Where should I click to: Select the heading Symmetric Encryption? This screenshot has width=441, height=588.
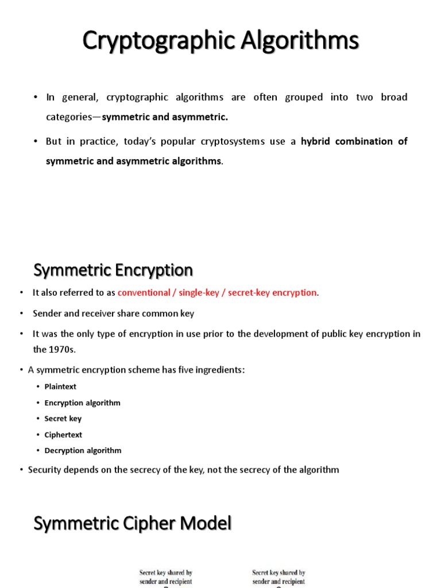(x=113, y=270)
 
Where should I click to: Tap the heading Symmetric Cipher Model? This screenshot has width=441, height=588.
(x=132, y=523)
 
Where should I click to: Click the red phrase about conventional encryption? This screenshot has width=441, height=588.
(x=217, y=293)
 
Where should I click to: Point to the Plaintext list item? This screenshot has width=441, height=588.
(x=60, y=386)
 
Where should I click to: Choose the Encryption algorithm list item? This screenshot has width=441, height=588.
(x=82, y=403)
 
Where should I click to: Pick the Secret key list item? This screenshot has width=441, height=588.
(x=63, y=419)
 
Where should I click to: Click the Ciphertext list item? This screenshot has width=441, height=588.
(x=63, y=435)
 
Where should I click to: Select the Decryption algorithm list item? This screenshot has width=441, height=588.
(x=83, y=450)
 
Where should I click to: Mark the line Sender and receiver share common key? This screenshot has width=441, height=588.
(x=113, y=314)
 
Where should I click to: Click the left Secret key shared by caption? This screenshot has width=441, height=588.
(x=165, y=577)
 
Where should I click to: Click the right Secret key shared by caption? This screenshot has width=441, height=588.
(x=278, y=577)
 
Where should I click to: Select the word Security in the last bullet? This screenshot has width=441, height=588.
(x=45, y=470)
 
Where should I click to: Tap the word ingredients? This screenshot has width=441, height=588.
(x=219, y=370)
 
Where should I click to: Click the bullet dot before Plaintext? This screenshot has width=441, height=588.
(x=38, y=386)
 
